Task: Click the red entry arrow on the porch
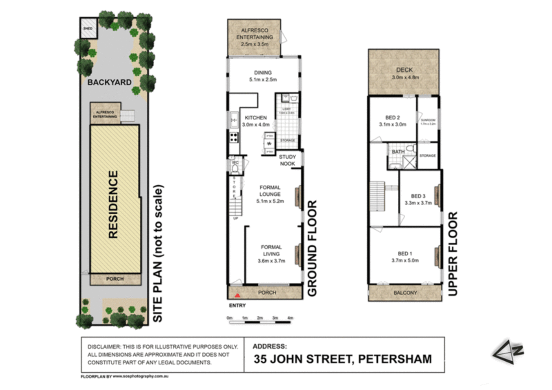click(x=237, y=295)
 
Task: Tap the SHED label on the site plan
click(x=88, y=29)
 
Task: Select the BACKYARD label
click(x=109, y=82)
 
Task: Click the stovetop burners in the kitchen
click(x=234, y=137)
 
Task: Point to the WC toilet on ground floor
click(x=235, y=169)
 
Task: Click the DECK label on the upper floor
click(x=404, y=70)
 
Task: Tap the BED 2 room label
click(x=392, y=118)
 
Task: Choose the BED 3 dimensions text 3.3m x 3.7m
click(x=418, y=203)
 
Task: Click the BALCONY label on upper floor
click(x=405, y=293)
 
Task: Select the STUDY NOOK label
click(x=287, y=160)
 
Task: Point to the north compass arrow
click(x=508, y=351)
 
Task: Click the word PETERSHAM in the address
click(x=395, y=359)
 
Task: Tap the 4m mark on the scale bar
click(x=290, y=318)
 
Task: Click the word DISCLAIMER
click(x=104, y=347)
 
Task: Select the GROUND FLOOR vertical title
click(x=312, y=248)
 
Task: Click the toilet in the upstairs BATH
click(x=411, y=149)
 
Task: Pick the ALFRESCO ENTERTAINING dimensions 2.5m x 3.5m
click(x=255, y=44)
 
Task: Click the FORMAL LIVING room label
click(x=271, y=250)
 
